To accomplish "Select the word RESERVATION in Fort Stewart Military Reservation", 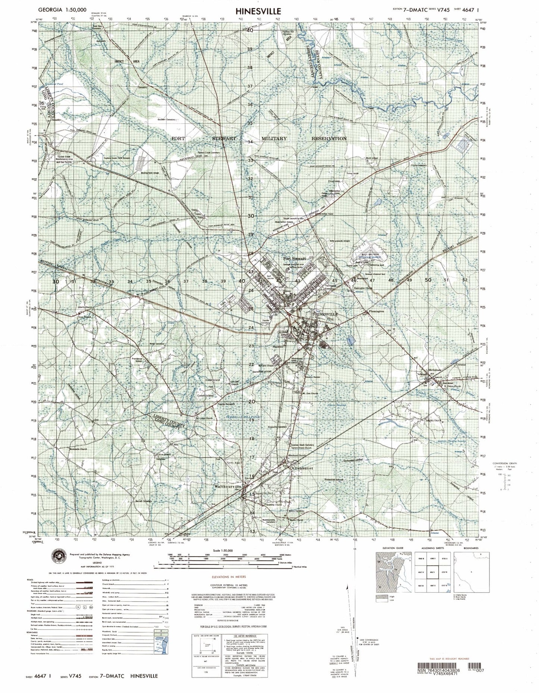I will [x=329, y=139].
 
